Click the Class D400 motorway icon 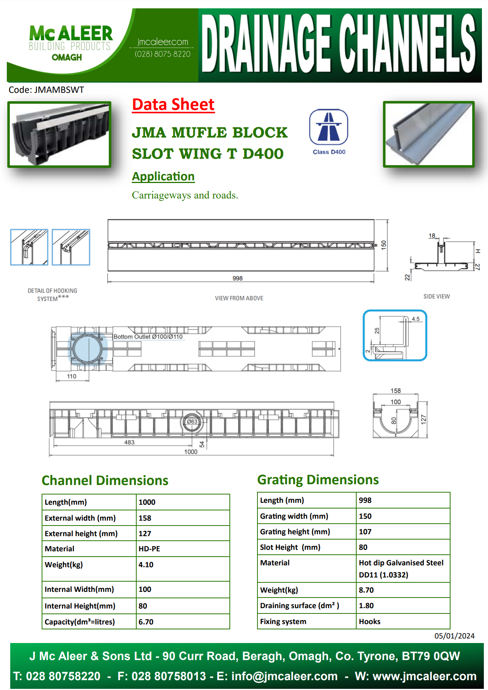pos(328,127)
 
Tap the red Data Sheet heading pos(173,105)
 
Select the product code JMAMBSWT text pos(46,90)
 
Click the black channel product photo pos(59,134)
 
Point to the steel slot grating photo pos(429,134)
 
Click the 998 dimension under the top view pos(237,278)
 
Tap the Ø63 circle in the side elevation pos(192,421)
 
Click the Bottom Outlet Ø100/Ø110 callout pos(148,336)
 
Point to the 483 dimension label pos(129,442)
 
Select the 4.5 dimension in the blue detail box pos(415,319)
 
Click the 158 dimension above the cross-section pos(396,391)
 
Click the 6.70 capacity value pos(146,622)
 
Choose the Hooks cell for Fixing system pos(370,621)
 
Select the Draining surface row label pos(299,606)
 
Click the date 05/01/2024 pos(454,636)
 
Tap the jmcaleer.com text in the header pos(162,42)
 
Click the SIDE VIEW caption pos(437,296)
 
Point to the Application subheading pos(163,177)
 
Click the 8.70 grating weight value pos(366,590)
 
